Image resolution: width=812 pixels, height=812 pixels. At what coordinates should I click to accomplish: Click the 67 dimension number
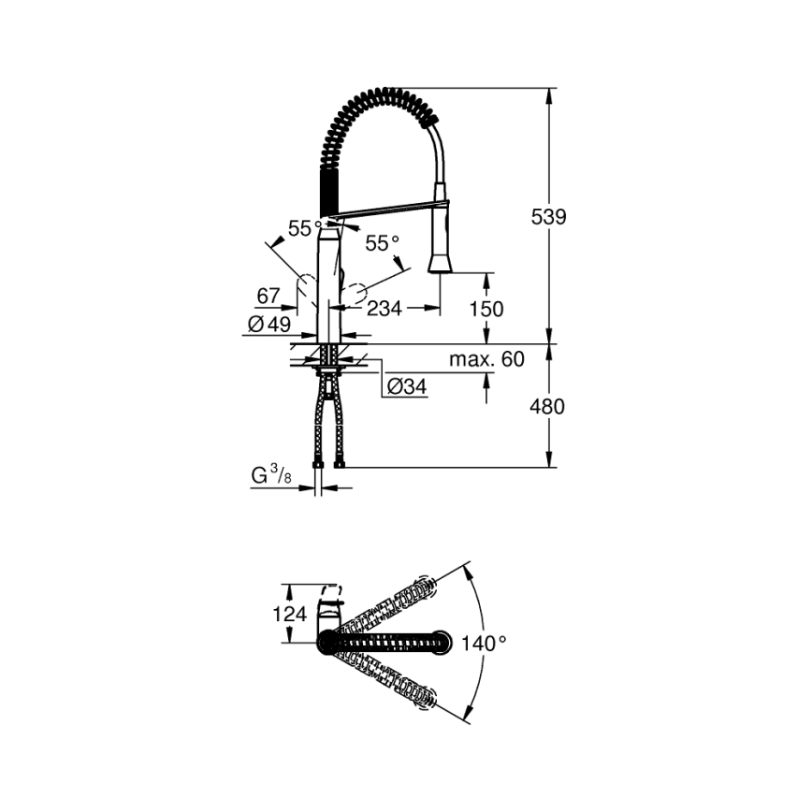click(268, 297)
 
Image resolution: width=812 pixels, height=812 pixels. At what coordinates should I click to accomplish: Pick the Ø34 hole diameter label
click(405, 385)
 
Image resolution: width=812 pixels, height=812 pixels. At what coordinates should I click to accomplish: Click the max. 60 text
click(486, 359)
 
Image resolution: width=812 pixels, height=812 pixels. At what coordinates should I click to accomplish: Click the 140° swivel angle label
click(484, 644)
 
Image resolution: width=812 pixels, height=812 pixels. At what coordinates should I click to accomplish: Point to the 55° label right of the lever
click(382, 243)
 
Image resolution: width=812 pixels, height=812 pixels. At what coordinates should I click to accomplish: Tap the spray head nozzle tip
click(441, 266)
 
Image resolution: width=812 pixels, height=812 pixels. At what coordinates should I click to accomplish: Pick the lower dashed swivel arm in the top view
click(393, 678)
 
